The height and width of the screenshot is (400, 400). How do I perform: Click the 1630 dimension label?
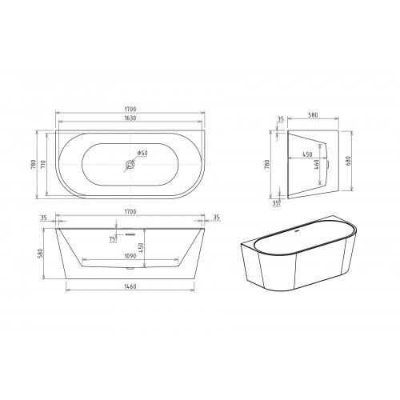[x=130, y=118]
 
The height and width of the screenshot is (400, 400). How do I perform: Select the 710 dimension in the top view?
[x=44, y=164]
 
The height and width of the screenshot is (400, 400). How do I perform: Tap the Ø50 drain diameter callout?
[x=142, y=153]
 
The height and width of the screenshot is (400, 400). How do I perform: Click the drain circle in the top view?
[x=130, y=165]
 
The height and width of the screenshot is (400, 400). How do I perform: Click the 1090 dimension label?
[x=130, y=256]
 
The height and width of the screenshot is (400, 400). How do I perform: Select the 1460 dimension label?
[x=130, y=286]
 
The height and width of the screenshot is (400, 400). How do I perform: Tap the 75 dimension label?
[x=113, y=239]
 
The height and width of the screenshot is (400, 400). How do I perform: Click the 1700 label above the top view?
[x=130, y=109]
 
